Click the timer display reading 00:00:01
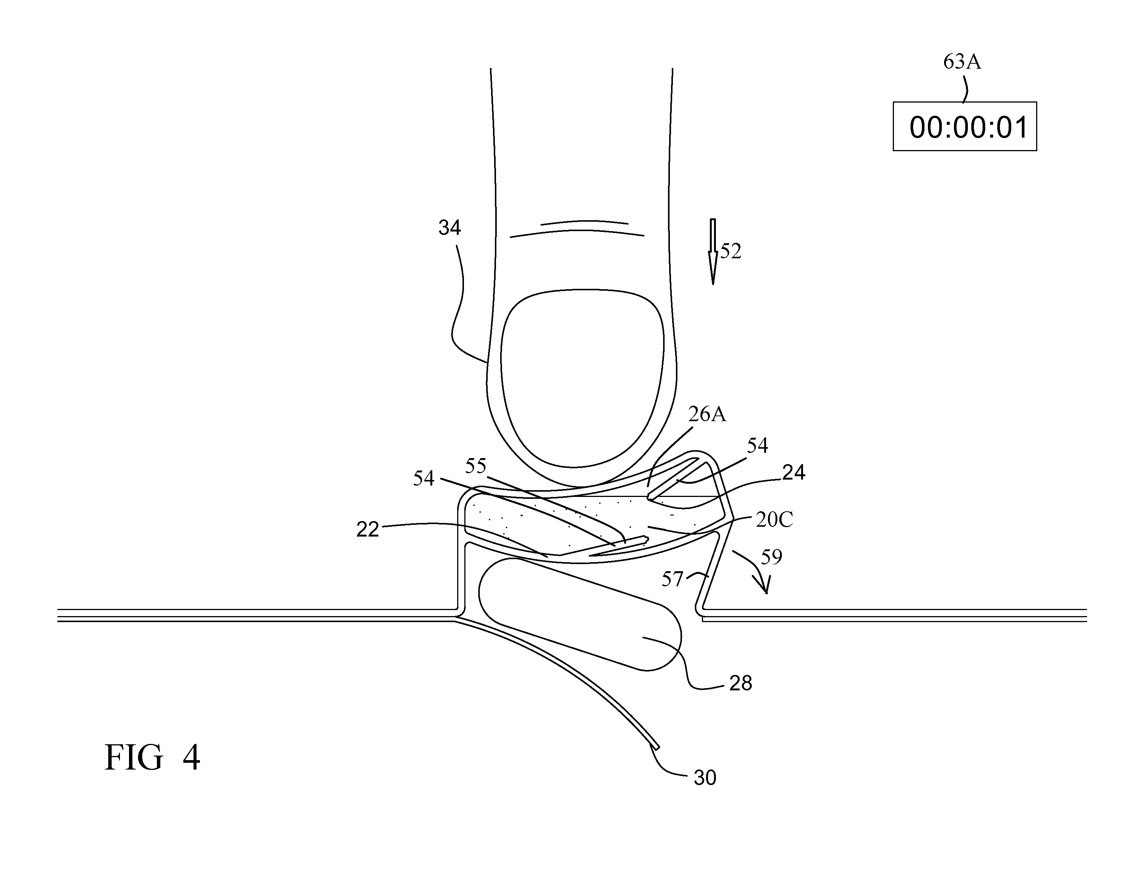click(x=964, y=127)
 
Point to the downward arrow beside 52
click(x=712, y=251)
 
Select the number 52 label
click(x=731, y=251)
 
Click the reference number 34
click(x=450, y=228)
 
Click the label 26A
click(x=707, y=414)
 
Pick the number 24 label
click(x=793, y=472)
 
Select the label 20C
click(x=774, y=520)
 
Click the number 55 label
click(x=476, y=466)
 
